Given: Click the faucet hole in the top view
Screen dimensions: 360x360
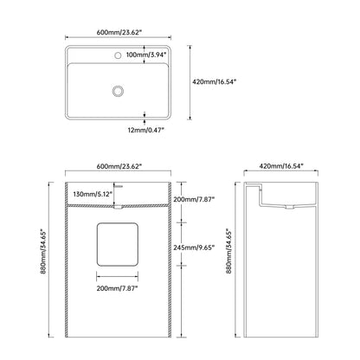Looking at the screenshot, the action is pos(118,55).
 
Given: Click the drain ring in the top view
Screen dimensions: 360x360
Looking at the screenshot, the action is pos(118,91).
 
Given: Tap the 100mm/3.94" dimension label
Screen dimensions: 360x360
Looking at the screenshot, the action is pos(147,55).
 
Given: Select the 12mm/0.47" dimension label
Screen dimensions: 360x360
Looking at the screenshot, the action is pos(146,130).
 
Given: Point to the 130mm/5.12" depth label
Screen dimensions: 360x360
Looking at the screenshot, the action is pos(93,194).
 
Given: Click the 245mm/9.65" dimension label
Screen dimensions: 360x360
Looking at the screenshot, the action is pos(194,247).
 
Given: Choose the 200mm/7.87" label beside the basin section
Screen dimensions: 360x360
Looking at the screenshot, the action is pos(194,199).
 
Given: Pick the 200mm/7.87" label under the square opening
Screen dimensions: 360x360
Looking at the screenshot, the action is pos(118,288).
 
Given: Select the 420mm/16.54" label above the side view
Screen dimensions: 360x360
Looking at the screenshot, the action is pos(281,166).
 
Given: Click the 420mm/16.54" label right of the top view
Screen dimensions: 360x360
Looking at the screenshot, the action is pos(215,81).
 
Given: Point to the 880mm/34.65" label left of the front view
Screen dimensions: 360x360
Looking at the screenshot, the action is pos(43,252).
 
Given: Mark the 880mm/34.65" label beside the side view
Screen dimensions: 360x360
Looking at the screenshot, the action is pos(228,252).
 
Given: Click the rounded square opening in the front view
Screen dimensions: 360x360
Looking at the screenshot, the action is pos(118,244).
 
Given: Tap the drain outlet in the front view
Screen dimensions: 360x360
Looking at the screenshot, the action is pos(119,207).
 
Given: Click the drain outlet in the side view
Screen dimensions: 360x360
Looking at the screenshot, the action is pos(290,207).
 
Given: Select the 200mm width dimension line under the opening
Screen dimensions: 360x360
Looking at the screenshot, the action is pos(118,277).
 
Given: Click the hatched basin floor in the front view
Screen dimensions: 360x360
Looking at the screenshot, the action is pos(118,206).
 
